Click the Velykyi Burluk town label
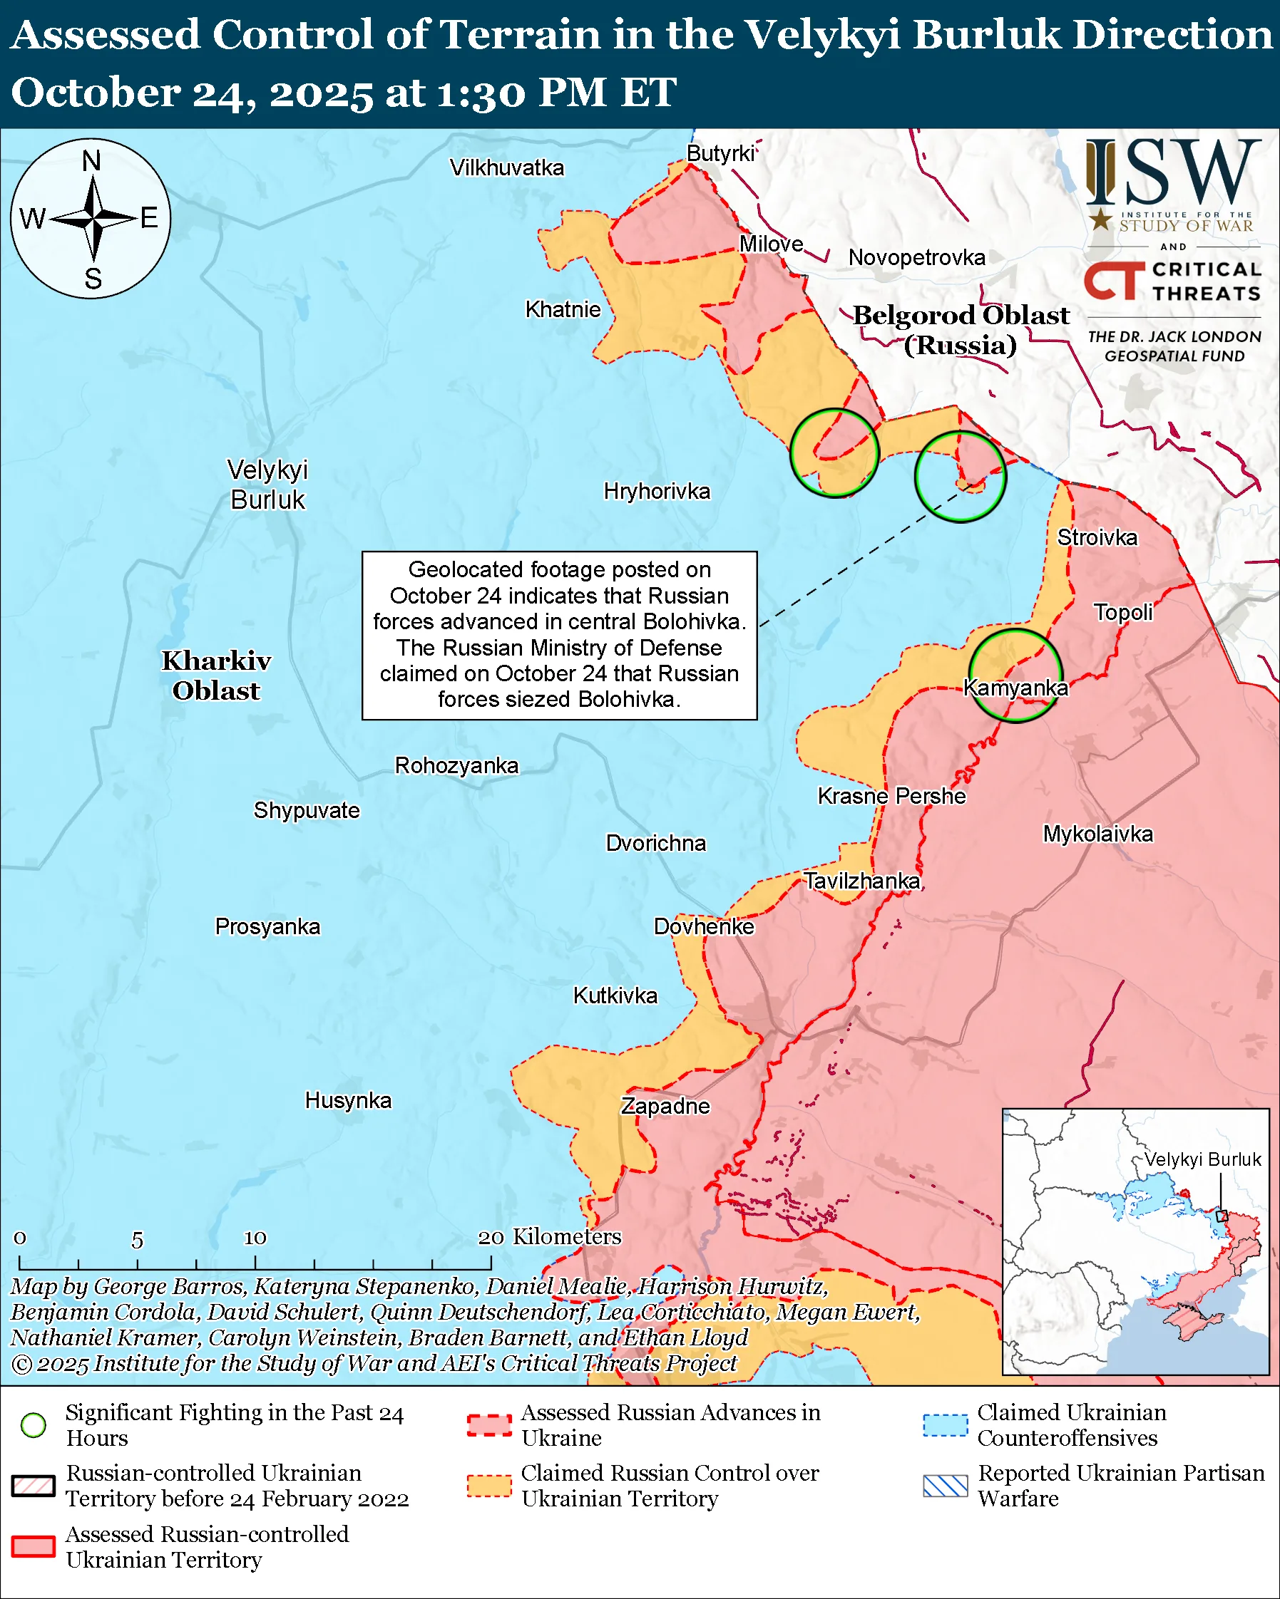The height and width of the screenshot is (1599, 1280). [267, 485]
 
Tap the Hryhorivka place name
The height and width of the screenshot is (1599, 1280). [657, 491]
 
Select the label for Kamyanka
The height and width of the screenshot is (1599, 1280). [1015, 688]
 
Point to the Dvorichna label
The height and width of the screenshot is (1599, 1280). [656, 843]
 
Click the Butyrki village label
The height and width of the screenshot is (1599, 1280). [720, 153]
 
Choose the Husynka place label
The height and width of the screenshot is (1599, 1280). [348, 1100]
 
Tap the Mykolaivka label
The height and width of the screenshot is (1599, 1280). [1097, 834]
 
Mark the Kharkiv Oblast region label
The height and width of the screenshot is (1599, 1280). [216, 675]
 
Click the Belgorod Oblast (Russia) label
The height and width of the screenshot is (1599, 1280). [961, 329]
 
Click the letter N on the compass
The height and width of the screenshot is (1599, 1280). [91, 160]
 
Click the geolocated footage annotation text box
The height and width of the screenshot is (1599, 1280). [559, 635]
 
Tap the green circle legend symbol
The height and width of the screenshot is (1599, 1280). [34, 1424]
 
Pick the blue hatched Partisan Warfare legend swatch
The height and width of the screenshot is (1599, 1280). [945, 1486]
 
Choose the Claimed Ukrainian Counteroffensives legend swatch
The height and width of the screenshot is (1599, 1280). [945, 1424]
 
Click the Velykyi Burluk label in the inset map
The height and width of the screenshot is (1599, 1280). [1202, 1160]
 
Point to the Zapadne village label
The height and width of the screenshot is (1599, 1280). [665, 1106]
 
